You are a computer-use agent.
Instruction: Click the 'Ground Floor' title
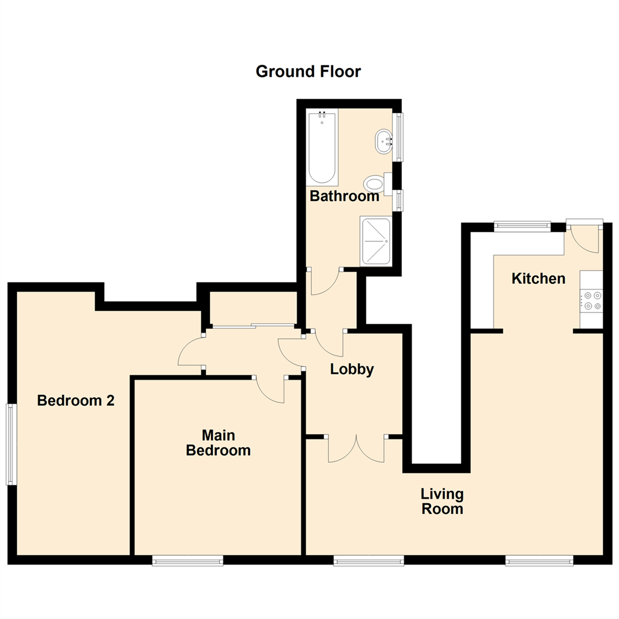(308, 72)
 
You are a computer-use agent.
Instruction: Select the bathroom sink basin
(383, 141)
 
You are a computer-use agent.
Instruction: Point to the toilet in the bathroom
(374, 185)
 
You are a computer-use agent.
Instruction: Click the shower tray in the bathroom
(375, 241)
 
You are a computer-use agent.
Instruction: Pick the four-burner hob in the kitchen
(591, 301)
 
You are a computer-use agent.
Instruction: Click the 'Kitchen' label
(538, 279)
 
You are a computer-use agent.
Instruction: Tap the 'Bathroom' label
(344, 196)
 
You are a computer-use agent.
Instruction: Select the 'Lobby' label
(352, 370)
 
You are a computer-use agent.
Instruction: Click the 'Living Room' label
(442, 501)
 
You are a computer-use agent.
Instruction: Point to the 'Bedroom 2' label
(76, 400)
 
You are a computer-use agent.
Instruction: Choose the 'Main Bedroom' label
(218, 442)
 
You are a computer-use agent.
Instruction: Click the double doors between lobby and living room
(356, 449)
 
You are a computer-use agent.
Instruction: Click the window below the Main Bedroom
(187, 561)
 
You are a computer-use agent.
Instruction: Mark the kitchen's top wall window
(522, 226)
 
